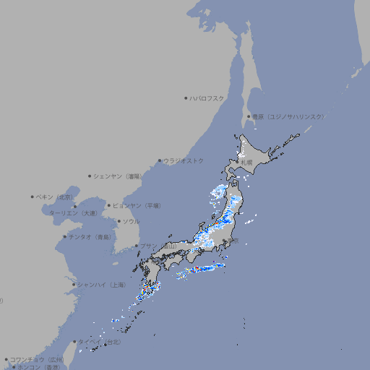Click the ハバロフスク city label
pos(207,98)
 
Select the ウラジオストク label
pos(184,160)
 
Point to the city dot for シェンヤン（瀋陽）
pos(90,176)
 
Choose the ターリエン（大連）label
pos(73,214)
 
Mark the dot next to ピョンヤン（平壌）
pos(109,205)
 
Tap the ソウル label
pos(131,221)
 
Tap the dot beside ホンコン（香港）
pos(14,367)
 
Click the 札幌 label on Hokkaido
pos(247,163)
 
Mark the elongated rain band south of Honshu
pos(202,269)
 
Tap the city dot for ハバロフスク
pos(186,98)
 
